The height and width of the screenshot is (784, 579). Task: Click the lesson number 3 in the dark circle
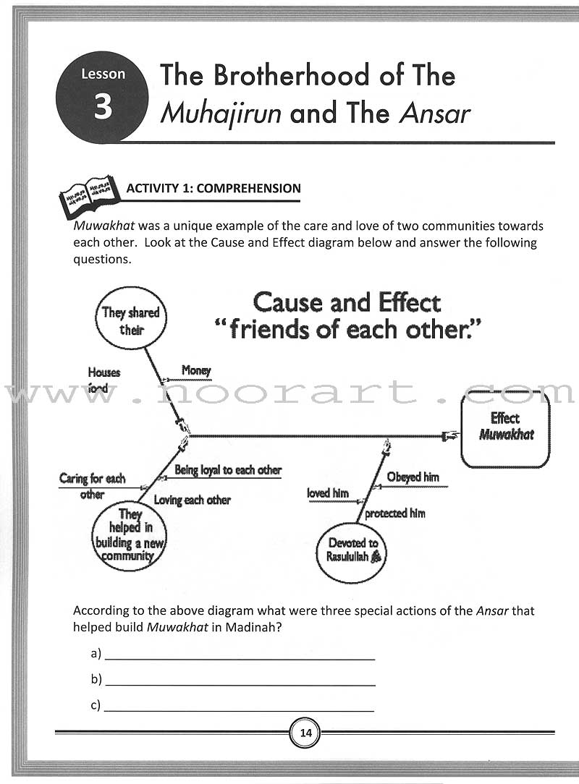tap(103, 106)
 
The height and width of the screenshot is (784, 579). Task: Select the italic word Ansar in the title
tap(432, 114)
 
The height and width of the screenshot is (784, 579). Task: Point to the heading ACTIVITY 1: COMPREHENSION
tap(214, 188)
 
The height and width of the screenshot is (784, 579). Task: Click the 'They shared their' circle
tap(129, 321)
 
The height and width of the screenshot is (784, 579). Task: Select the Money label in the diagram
tap(195, 370)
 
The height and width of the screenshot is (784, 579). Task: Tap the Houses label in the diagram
tap(103, 372)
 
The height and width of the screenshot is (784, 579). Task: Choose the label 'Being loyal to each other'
tap(228, 470)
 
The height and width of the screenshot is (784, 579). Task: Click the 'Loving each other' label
tap(193, 500)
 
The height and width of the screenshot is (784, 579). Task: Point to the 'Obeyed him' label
tap(413, 477)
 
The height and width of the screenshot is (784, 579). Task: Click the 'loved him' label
tap(328, 493)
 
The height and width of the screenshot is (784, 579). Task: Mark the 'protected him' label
tap(394, 514)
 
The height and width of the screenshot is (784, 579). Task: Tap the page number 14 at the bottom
tap(305, 733)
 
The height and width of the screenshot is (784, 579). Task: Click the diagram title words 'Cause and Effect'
tap(347, 302)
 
